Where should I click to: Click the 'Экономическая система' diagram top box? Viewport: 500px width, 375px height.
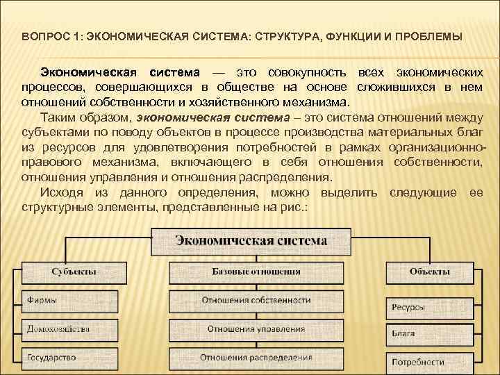(x=251, y=242)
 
